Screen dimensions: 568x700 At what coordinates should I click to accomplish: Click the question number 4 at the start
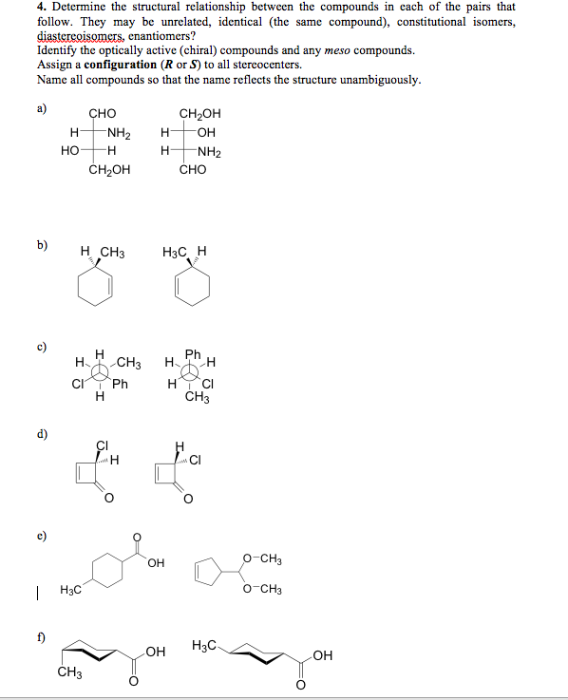tap(40, 7)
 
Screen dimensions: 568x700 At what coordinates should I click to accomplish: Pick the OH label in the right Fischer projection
tap(209, 133)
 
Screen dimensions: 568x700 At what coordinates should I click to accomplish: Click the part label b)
tap(41, 245)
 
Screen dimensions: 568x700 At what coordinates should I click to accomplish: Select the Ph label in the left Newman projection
tap(119, 385)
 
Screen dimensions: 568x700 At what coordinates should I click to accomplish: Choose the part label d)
tap(41, 436)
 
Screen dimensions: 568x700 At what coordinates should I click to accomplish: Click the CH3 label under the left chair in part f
tap(67, 675)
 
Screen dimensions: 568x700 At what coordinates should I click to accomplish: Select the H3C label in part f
tap(205, 647)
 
